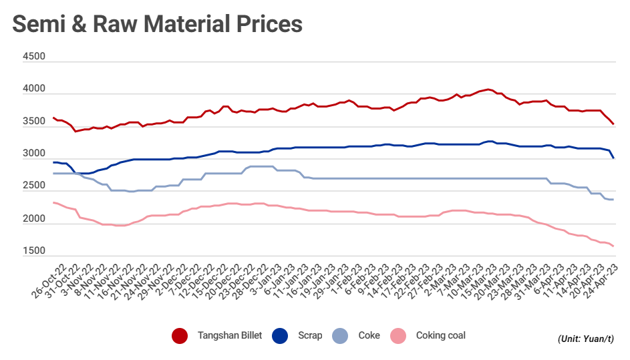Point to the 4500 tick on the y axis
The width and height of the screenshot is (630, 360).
point(34,57)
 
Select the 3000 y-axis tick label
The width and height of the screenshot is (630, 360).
point(34,154)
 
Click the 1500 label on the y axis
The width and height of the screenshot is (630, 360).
point(34,251)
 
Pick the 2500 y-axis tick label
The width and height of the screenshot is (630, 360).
point(34,186)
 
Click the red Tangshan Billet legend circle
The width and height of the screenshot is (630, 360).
point(180,335)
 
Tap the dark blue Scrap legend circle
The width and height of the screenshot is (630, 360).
point(281,335)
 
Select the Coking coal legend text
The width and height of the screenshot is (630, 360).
point(440,335)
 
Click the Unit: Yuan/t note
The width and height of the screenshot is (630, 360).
point(586,339)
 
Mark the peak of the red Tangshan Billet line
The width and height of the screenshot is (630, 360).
point(488,89)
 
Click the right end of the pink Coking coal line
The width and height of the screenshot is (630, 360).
point(613,246)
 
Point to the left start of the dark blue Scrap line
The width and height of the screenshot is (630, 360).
point(53,162)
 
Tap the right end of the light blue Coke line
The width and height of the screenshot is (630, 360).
point(613,200)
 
